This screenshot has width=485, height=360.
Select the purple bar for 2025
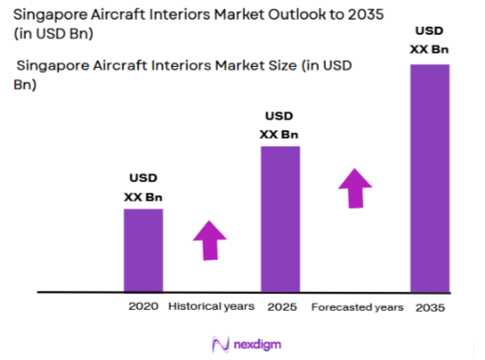pyautogui.click(x=280, y=218)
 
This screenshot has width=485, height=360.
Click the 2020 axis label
pyautogui.click(x=143, y=306)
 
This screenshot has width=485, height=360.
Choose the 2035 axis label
pyautogui.click(x=430, y=306)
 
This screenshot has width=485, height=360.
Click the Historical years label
pyautogui.click(x=211, y=306)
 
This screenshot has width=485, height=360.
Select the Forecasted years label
pyautogui.click(x=357, y=306)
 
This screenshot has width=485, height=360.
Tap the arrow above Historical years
pyautogui.click(x=211, y=239)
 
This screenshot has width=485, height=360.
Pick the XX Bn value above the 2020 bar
pyautogui.click(x=143, y=196)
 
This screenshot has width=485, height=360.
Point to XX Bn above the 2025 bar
pyautogui.click(x=279, y=134)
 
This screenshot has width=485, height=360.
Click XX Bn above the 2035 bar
pyautogui.click(x=429, y=49)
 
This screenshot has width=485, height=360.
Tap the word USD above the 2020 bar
pyautogui.click(x=143, y=179)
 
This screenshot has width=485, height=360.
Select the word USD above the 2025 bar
pyautogui.click(x=279, y=117)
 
